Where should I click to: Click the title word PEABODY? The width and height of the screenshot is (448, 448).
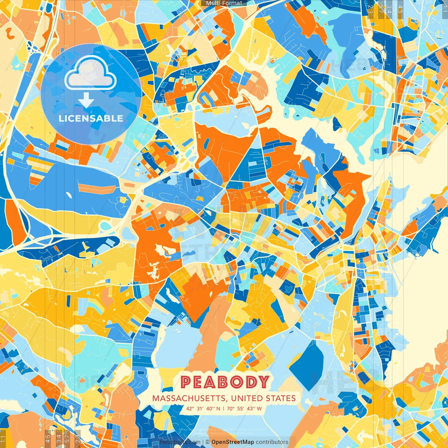click(x=225, y=382)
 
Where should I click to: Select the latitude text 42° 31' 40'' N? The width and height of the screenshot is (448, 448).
click(x=203, y=408)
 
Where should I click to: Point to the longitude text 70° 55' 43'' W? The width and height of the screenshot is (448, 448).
click(x=244, y=408)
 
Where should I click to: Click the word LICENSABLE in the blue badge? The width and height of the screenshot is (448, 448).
click(x=91, y=118)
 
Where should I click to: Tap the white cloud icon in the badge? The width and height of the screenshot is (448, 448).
click(x=91, y=72)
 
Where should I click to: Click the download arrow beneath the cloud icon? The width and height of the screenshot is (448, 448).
click(x=86, y=100)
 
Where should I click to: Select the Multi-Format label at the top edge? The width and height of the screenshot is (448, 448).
click(x=224, y=3)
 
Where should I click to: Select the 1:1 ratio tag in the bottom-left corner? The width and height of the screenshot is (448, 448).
click(x=3, y=439)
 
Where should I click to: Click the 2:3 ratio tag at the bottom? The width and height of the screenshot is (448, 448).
click(x=78, y=439)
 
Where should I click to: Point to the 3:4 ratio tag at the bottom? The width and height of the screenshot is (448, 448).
click(x=58, y=439)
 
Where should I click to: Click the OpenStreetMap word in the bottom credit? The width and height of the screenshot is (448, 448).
click(x=232, y=442)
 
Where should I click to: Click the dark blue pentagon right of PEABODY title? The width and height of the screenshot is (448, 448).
click(x=307, y=364)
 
